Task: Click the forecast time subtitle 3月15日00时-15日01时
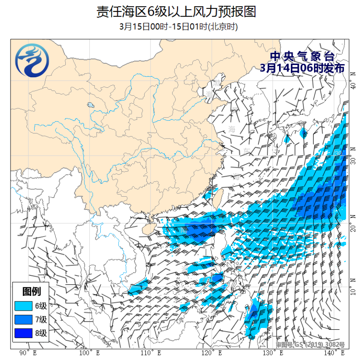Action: tap(179, 27)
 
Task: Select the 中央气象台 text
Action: tap(302, 56)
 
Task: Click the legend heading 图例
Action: tap(32, 291)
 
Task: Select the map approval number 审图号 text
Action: tap(310, 344)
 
